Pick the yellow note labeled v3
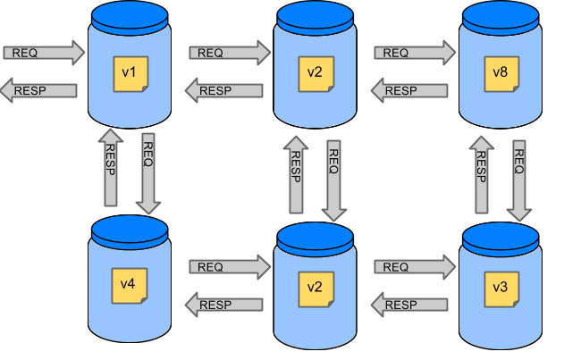pos(499,289)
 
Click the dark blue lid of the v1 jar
pos(130,15)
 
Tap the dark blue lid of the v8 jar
pos(499,15)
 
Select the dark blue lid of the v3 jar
pos(499,236)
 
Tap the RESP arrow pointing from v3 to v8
pos(481,173)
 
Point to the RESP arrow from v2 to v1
pos(224,90)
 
